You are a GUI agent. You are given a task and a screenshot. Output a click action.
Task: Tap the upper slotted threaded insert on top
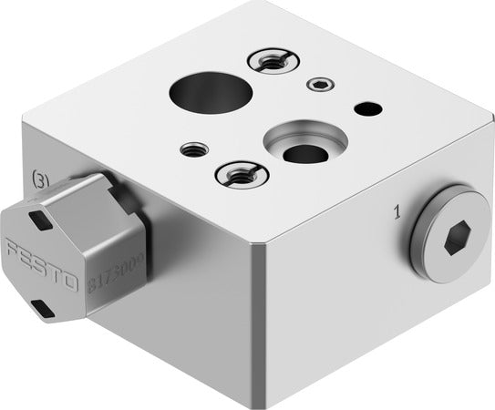(x=270, y=61)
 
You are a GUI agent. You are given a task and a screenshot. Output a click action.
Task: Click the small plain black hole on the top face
(x=367, y=109)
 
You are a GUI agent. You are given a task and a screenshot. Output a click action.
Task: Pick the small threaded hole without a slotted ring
(x=192, y=148)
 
